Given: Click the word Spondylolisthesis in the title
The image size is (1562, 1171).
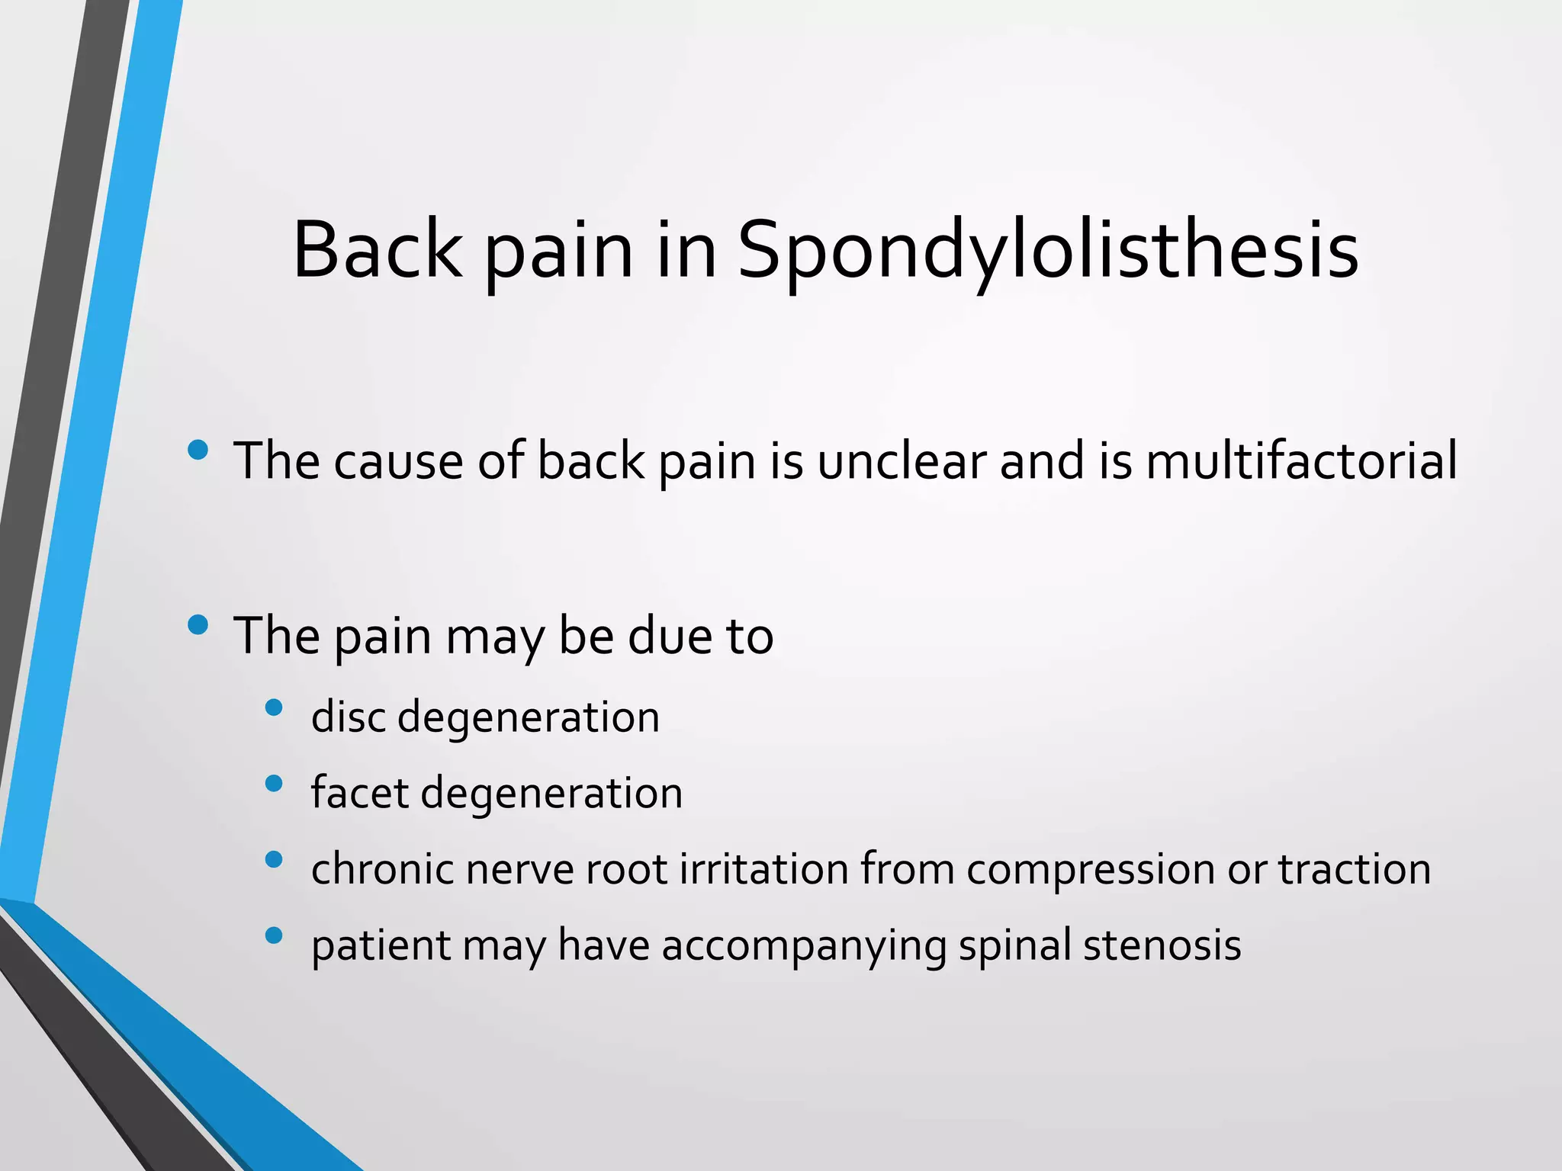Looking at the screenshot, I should point(1047,252).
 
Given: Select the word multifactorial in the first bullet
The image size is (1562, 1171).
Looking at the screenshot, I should point(1301,461).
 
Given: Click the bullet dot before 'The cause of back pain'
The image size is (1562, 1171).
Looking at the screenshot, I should point(198,449).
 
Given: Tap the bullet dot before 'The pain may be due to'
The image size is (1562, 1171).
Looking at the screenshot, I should point(198,624).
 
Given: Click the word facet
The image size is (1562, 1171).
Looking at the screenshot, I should point(360,793).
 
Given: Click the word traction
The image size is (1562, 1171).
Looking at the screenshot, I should point(1355,869).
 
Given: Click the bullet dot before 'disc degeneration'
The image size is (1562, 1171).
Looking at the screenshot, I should point(274,707).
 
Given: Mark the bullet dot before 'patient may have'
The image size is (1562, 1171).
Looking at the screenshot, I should point(274,935).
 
